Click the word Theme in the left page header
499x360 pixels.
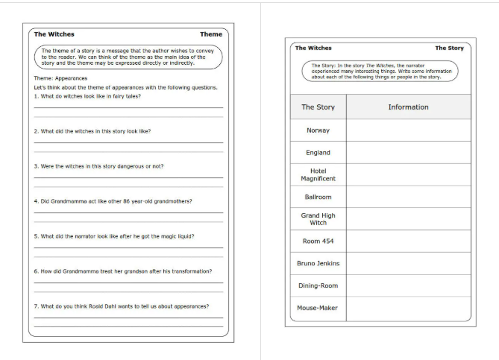point(210,34)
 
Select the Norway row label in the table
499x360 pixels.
point(318,130)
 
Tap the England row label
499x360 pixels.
point(318,152)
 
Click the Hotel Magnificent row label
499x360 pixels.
point(318,174)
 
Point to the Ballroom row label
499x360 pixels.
point(318,197)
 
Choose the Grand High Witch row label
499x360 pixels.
point(318,218)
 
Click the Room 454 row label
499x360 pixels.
point(318,241)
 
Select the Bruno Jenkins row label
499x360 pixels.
point(318,263)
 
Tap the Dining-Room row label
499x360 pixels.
point(318,285)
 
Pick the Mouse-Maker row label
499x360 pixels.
point(318,307)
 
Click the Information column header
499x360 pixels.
point(408,107)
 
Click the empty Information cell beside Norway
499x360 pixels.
point(408,130)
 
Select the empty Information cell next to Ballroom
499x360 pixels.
point(408,197)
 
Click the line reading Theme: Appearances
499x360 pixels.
point(60,78)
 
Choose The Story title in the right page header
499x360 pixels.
point(449,48)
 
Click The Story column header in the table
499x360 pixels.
point(318,107)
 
